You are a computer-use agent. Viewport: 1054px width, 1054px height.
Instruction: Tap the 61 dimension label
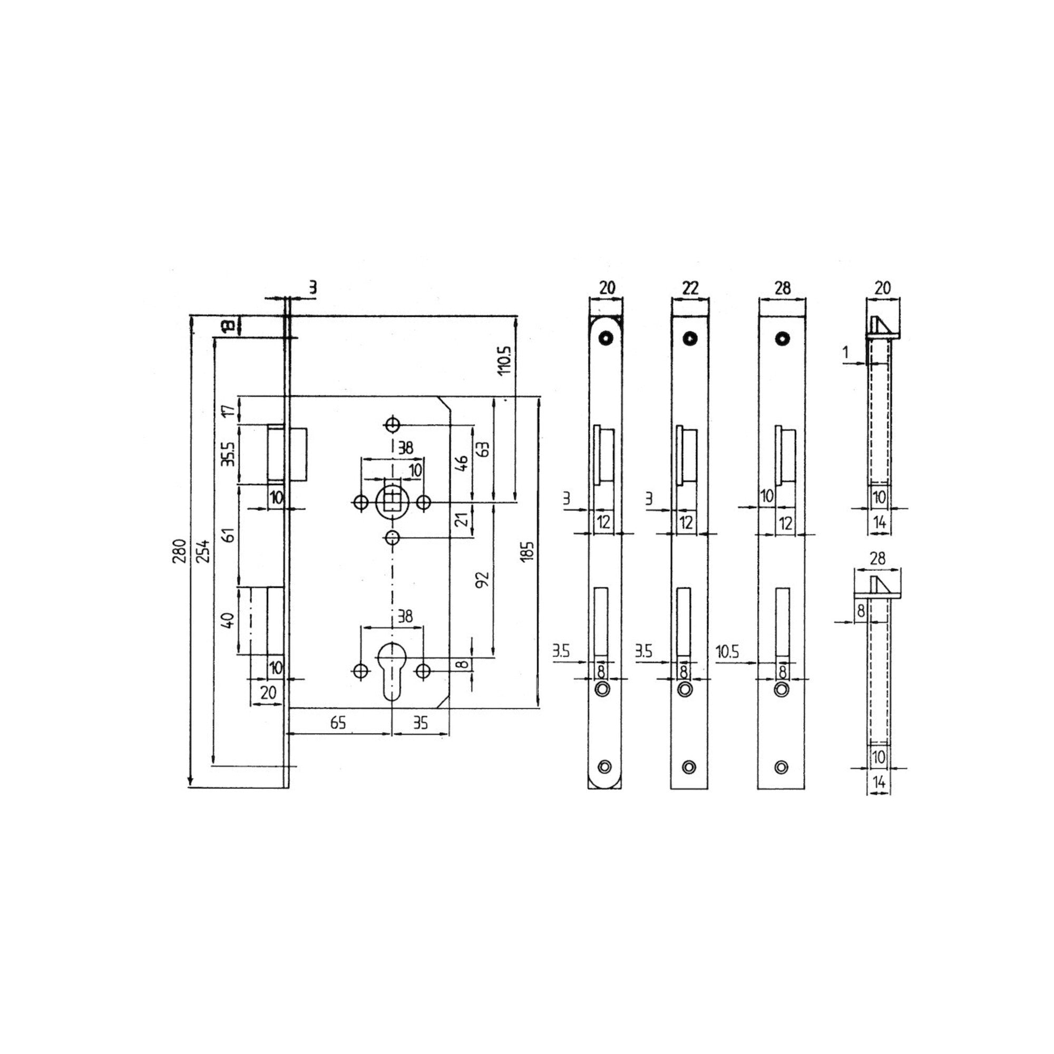coord(230,534)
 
